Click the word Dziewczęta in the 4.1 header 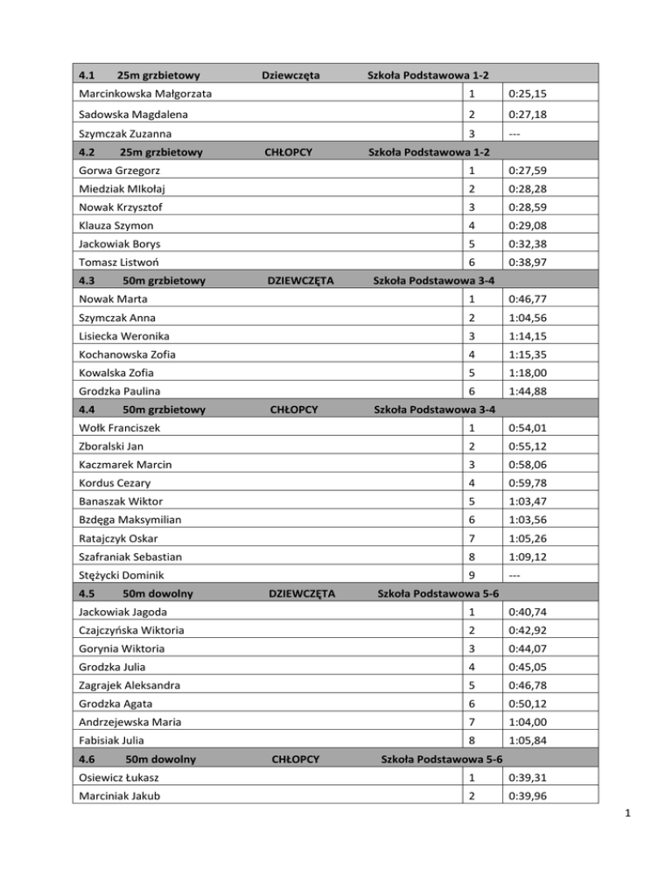(x=290, y=75)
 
